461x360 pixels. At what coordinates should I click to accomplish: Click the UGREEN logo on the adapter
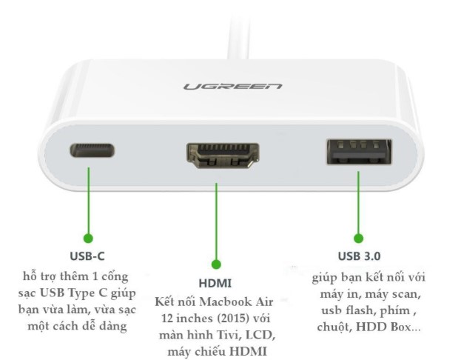coord(232,86)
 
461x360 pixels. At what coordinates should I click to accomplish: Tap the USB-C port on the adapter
coord(92,150)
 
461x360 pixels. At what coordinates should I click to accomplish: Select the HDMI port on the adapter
coord(223,156)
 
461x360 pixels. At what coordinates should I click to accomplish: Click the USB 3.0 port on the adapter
coord(359,152)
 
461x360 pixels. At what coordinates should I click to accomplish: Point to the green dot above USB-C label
coord(89,238)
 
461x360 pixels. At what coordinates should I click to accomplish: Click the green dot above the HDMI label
coord(216,264)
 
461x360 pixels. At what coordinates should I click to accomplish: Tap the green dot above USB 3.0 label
coord(358,238)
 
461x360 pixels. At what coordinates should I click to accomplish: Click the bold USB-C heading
coord(87,256)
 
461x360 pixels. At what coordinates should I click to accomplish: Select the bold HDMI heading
coord(215,283)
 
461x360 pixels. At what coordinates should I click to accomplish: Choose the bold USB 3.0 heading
coord(360,256)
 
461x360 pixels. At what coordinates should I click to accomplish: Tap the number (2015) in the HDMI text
coord(226,319)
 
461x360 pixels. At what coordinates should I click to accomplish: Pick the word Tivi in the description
coord(226,335)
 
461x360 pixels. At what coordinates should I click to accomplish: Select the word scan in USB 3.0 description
coord(404,294)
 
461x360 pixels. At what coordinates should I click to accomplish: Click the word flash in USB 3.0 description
coord(363,310)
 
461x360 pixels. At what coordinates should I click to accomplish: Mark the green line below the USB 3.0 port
coord(358,202)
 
